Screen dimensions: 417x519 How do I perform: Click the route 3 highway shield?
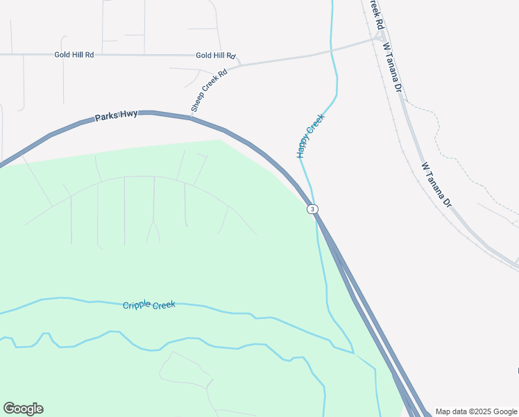313,209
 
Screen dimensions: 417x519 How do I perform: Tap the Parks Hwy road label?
117,116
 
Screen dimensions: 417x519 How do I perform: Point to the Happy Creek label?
311,136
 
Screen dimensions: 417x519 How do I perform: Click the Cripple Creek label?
149,305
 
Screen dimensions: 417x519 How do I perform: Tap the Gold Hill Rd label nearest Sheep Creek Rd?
216,56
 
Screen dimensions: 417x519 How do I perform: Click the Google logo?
23,409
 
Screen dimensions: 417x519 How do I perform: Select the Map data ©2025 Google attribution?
476,411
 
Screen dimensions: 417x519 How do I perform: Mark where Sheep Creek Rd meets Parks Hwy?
192,117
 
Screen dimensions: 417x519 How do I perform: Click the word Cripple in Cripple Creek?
137,306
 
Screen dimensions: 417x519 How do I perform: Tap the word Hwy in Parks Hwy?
128,115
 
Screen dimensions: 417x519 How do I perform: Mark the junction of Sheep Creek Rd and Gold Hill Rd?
238,63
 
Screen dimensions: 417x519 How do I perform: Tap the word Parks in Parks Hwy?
107,118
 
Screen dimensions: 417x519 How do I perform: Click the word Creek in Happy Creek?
316,126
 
